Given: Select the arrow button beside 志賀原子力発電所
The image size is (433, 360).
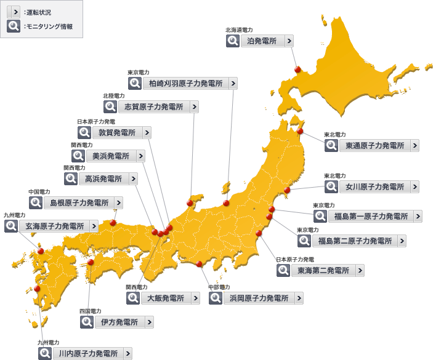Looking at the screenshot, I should pyautogui.click(x=195, y=106).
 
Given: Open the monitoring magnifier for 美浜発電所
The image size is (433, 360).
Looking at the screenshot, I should pyautogui.click(x=78, y=156).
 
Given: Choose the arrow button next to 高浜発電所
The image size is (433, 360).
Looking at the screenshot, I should pyautogui.click(x=133, y=179).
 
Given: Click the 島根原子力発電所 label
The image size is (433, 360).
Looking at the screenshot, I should pyautogui.click(x=79, y=202).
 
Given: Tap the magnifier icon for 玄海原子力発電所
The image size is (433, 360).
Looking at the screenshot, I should pyautogui.click(x=11, y=226).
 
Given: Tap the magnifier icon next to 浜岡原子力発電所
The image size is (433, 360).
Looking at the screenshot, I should pyautogui.click(x=216, y=298).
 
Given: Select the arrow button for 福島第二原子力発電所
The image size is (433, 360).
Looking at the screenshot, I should pyautogui.click(x=402, y=241).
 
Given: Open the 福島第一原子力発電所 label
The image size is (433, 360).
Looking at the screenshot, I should pyautogui.click(x=371, y=216).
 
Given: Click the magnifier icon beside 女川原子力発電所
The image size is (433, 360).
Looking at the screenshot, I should pyautogui.click(x=331, y=186).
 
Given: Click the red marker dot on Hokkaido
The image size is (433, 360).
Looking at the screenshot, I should pyautogui.click(x=297, y=70).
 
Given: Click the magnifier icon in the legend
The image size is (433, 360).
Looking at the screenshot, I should pyautogui.click(x=13, y=26).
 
